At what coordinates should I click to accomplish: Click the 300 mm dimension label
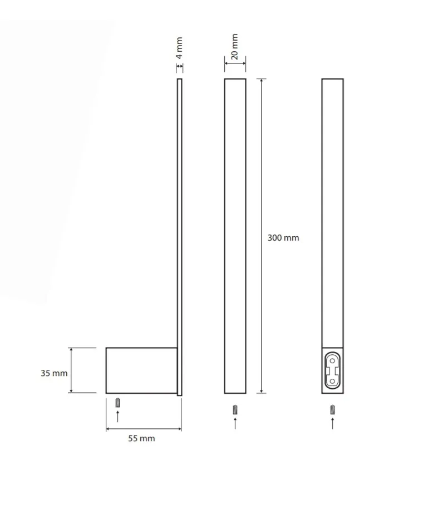[283, 238]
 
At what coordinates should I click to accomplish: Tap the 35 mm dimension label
[54, 373]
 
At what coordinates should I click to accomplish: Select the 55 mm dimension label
[141, 438]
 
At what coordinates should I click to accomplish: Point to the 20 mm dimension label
[234, 46]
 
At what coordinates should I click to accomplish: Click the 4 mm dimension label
[179, 48]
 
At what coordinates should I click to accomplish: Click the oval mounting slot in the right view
[332, 370]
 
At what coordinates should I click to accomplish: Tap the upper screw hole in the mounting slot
[332, 361]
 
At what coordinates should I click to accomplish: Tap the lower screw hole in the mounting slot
[332, 381]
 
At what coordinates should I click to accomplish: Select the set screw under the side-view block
[117, 403]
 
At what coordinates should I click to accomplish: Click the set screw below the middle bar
[235, 409]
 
